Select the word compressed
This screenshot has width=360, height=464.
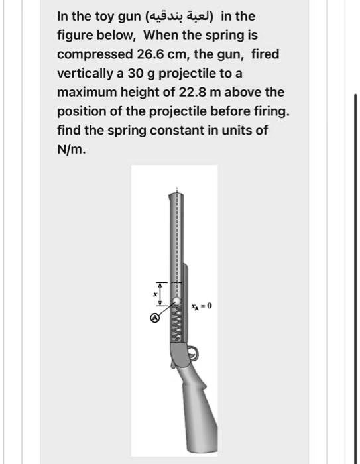click(90, 54)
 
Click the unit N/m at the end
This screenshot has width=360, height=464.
click(71, 149)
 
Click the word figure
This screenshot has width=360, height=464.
click(76, 34)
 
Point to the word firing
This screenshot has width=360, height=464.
click(272, 111)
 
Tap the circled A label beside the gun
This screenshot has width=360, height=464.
click(155, 318)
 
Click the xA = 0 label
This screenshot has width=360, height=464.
click(200, 307)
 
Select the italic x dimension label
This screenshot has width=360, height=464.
click(155, 294)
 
